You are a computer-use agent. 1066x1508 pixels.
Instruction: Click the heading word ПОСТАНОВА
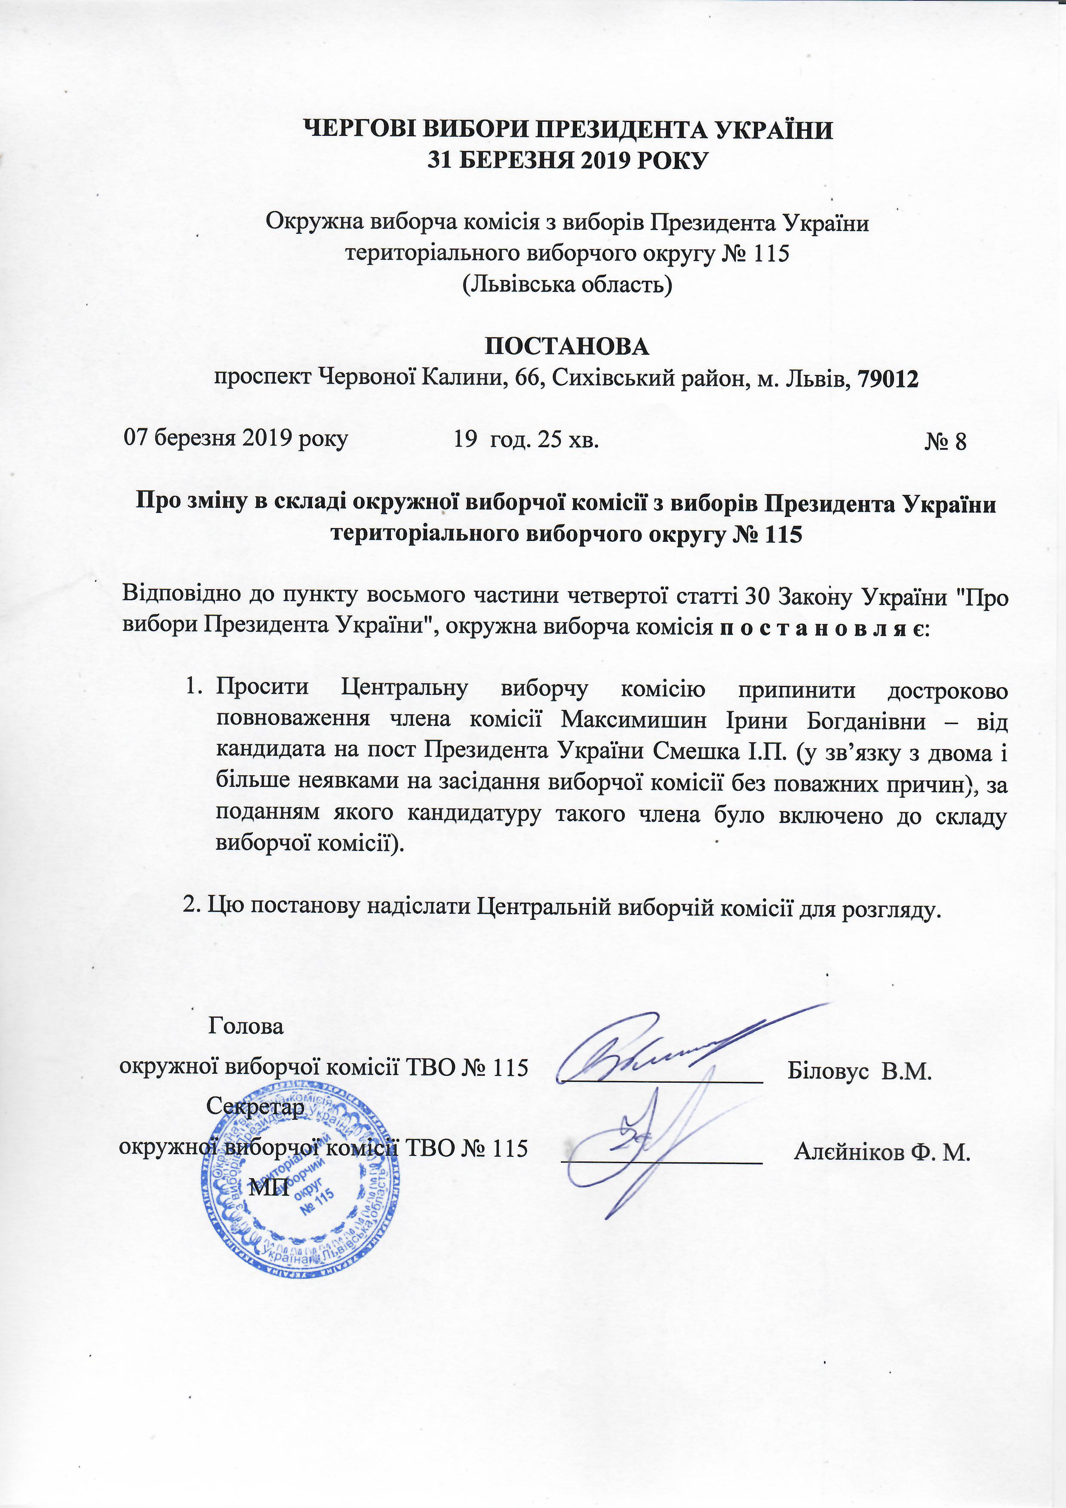(566, 347)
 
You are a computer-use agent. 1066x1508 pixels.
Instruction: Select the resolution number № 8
(945, 441)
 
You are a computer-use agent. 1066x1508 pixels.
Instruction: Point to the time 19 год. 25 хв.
(526, 439)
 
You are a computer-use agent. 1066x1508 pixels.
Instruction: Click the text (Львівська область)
(568, 284)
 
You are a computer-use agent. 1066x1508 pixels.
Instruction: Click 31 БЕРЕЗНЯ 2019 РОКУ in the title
(568, 160)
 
